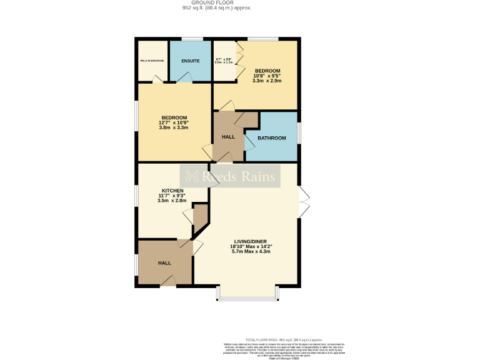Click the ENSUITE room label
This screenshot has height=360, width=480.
(x=190, y=61)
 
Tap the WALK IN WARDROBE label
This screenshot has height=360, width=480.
(x=152, y=61)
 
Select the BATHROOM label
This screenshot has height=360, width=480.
(x=272, y=138)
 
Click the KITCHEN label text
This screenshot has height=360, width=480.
(x=172, y=190)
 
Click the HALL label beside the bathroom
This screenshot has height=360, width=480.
(x=228, y=136)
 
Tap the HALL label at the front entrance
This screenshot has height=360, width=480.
(x=164, y=263)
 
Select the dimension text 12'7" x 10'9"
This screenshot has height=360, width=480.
(x=174, y=122)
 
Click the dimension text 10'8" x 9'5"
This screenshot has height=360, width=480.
(x=266, y=76)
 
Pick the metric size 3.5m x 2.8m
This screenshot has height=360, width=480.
(x=172, y=201)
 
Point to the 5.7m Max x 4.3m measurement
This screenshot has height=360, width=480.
(x=251, y=252)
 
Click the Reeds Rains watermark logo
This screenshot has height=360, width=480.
(x=231, y=177)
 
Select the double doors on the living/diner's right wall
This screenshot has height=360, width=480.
(x=302, y=202)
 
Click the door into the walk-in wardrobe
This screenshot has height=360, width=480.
(x=158, y=80)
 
